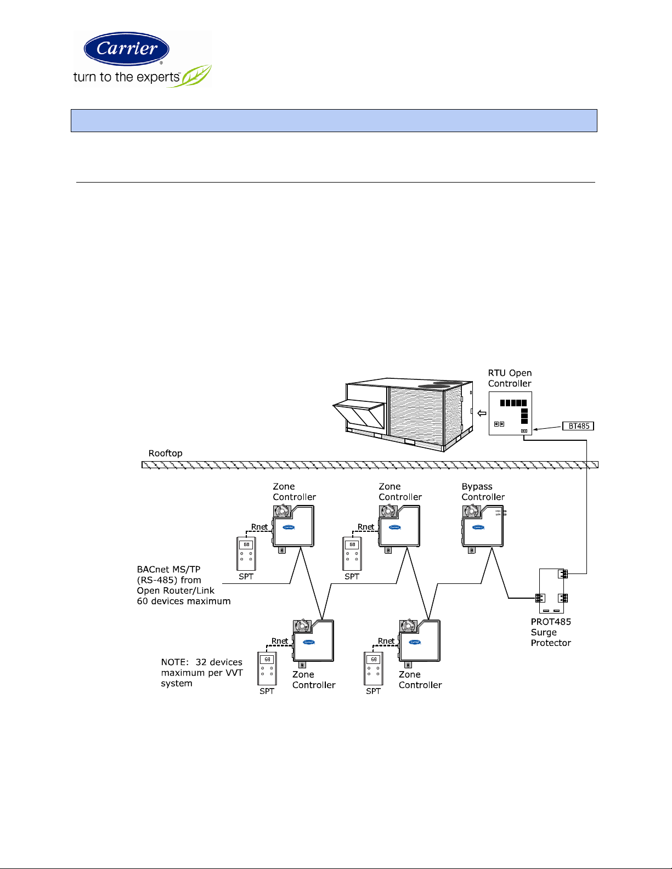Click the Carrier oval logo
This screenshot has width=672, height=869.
click(126, 48)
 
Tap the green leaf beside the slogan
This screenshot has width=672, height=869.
click(196, 76)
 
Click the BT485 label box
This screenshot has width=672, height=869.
click(578, 426)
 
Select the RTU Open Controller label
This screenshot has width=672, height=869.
click(510, 378)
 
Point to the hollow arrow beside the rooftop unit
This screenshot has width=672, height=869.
click(482, 413)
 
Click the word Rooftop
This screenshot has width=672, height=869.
click(165, 453)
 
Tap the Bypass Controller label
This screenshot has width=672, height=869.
click(483, 491)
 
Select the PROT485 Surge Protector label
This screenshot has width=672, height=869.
click(551, 632)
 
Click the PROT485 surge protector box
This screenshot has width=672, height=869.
click(552, 590)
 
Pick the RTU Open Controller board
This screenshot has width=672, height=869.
click(510, 413)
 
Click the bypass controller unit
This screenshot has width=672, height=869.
click(482, 529)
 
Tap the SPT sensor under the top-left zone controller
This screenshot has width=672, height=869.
click(246, 553)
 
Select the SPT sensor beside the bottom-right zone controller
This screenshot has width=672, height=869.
click(373, 668)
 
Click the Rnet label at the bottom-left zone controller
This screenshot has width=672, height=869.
click(280, 641)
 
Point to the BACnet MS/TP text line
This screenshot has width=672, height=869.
click(168, 569)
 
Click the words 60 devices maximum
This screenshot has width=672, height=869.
click(184, 601)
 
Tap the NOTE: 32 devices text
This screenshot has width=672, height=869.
click(202, 662)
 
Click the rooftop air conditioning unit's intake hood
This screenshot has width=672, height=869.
click(359, 414)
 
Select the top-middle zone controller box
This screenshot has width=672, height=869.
click(399, 529)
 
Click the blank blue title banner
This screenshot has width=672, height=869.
click(334, 121)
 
